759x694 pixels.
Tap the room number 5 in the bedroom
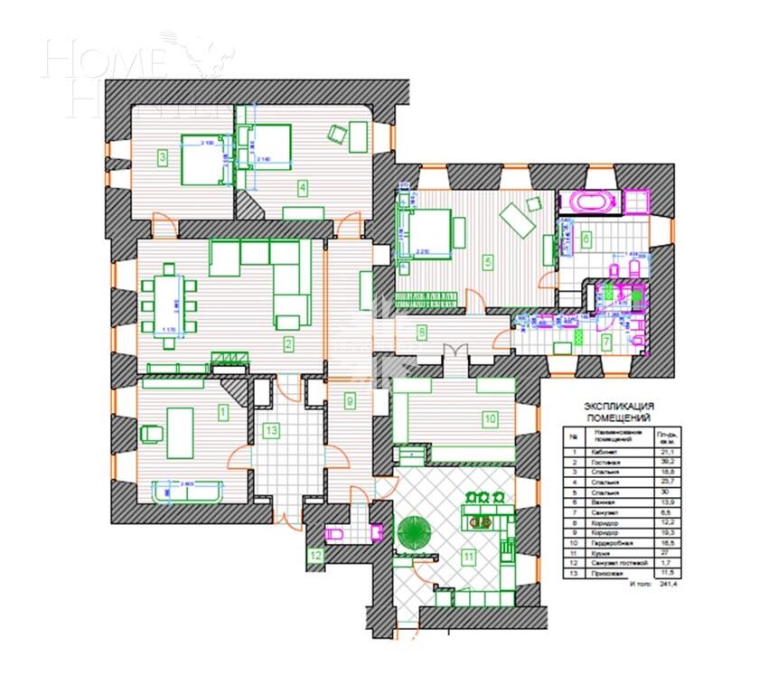pyautogui.click(x=488, y=263)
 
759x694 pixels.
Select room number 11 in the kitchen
pyautogui.click(x=468, y=557)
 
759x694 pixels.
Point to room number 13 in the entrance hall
pyautogui.click(x=271, y=430)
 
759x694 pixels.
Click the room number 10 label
pyautogui.click(x=489, y=418)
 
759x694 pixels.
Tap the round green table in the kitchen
pyautogui.click(x=417, y=532)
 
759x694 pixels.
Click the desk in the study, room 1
pyautogui.click(x=179, y=426)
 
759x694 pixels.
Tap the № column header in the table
pyautogui.click(x=572, y=435)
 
